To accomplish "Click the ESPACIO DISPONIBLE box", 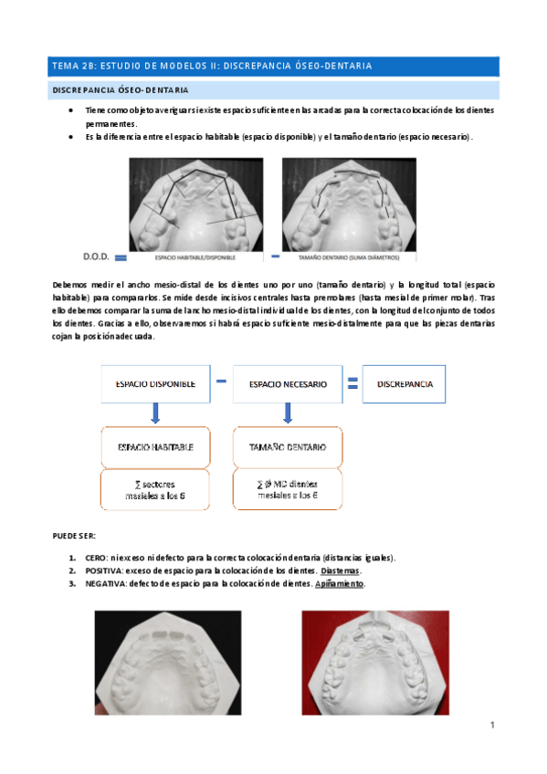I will pyautogui.click(x=154, y=384).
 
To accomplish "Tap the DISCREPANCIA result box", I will pyautogui.click(x=404, y=384).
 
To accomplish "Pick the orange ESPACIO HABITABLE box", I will pyautogui.click(x=154, y=447).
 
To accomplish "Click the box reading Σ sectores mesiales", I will pyautogui.click(x=154, y=489).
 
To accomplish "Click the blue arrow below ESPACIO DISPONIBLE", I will pyautogui.click(x=155, y=414).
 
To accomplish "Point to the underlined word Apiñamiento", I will pyautogui.click(x=340, y=583).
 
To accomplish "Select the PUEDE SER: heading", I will pyautogui.click(x=78, y=535).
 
